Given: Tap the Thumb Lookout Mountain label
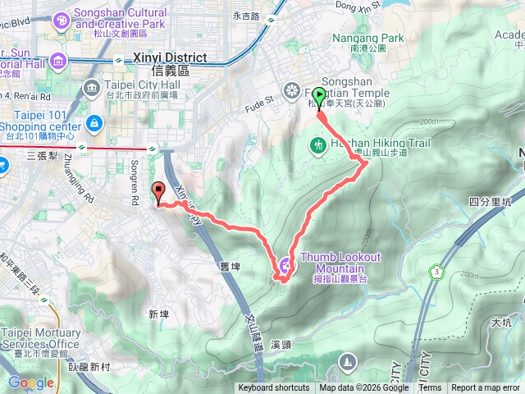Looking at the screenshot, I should (x=340, y=263).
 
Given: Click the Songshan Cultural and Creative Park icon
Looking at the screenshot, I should (x=60, y=20).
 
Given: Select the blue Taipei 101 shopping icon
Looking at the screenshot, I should (x=95, y=123).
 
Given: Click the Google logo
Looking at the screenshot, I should (x=30, y=383).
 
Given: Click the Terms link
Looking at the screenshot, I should (x=430, y=388).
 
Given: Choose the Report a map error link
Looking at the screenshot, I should (x=486, y=388).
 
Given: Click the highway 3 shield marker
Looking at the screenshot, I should (x=434, y=271).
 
